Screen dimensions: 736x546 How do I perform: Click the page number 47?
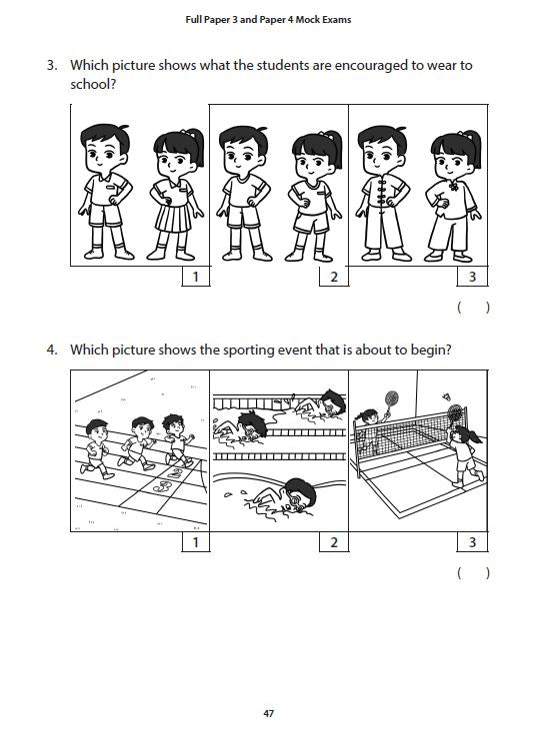point(268,713)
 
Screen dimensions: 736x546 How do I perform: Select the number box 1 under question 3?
point(195,277)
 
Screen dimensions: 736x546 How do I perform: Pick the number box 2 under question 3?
point(334,277)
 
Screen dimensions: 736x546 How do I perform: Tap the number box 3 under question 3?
point(472,277)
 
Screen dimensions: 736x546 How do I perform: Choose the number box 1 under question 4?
point(195,542)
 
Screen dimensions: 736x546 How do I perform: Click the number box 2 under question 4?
point(334,542)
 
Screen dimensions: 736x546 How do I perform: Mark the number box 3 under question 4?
point(472,542)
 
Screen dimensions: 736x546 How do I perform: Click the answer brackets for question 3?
point(473,308)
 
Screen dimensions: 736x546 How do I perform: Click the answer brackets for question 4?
point(473,572)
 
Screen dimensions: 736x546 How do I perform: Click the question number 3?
point(51,66)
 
